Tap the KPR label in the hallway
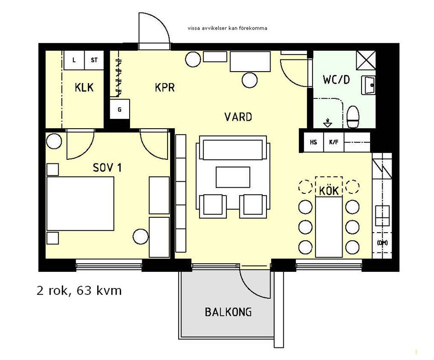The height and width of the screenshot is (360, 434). (165, 87)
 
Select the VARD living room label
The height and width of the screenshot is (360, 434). (238, 117)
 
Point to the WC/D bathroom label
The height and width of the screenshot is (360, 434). (336, 79)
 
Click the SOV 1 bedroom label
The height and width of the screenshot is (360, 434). (107, 167)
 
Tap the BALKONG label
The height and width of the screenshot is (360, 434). (228, 312)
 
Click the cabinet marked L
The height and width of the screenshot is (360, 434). (74, 60)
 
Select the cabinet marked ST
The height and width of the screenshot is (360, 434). (94, 60)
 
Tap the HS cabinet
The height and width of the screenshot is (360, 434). (314, 142)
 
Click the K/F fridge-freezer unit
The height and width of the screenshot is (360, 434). (334, 142)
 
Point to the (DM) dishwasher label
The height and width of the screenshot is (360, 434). (382, 243)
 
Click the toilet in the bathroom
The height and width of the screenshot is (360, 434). (353, 117)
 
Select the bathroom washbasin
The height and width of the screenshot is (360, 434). (368, 85)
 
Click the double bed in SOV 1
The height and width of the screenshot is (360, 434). (80, 204)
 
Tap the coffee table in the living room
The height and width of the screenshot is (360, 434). (233, 177)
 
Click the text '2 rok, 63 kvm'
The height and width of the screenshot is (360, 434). (79, 291)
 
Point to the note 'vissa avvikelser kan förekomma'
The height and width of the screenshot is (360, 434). (227, 28)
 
